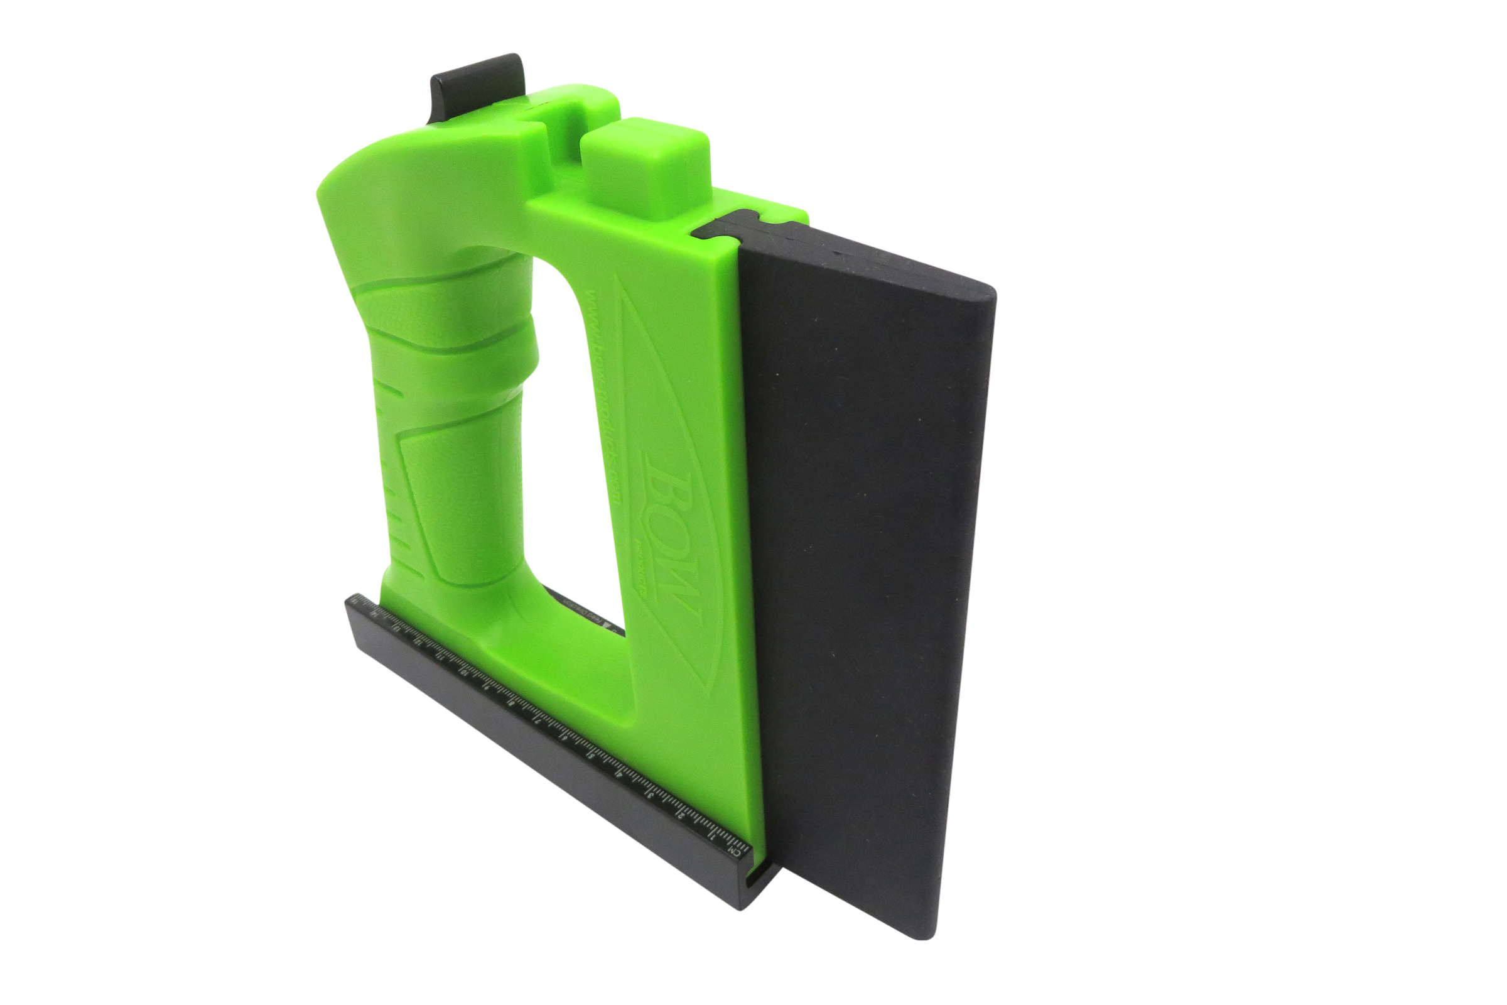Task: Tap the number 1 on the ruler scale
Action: pyautogui.click(x=711, y=839)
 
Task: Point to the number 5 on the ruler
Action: pyautogui.click(x=591, y=756)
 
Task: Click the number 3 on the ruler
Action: pyautogui.click(x=651, y=796)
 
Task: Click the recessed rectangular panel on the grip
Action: pyautogui.click(x=448, y=500)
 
